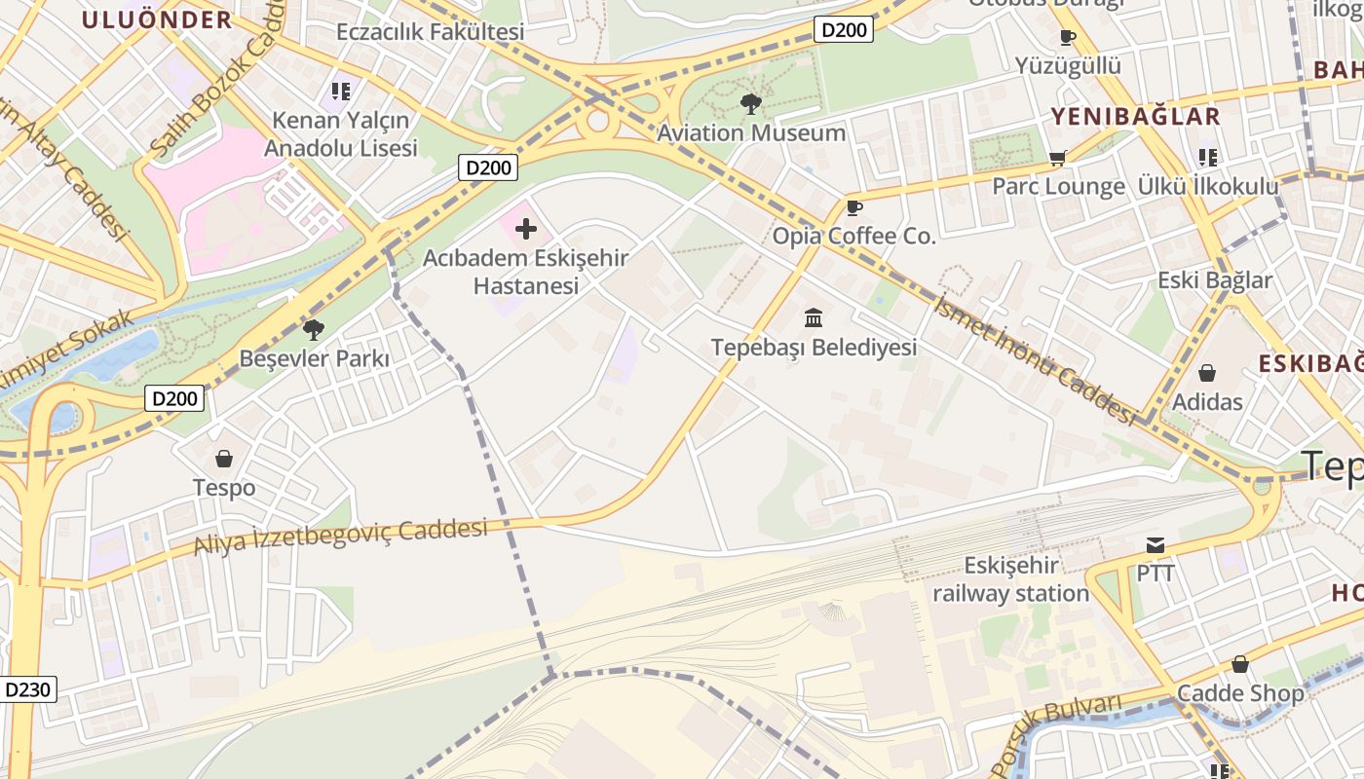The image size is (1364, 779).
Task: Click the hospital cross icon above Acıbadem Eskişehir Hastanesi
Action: point(526,230)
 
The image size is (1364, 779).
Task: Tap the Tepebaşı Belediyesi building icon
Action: point(814,317)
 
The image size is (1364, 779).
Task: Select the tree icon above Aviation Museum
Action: point(750,103)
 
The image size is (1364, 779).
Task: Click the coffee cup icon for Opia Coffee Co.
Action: point(853,207)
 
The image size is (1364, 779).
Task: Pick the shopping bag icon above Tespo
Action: point(224,458)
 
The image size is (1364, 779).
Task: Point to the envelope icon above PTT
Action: point(1156,544)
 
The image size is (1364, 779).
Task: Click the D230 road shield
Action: point(28,689)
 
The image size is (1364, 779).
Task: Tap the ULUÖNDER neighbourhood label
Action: point(157,19)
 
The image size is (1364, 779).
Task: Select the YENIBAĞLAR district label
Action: point(1135,117)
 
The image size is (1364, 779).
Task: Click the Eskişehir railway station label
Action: point(1011,579)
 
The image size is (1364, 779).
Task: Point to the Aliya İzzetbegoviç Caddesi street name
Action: point(340,537)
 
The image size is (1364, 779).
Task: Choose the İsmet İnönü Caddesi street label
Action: point(1035,359)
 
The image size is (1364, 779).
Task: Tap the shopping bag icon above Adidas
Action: point(1207,373)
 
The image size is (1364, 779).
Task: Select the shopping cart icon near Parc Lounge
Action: point(1058,158)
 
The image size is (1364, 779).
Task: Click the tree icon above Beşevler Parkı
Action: point(314,329)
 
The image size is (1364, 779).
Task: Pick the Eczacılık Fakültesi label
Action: point(431,31)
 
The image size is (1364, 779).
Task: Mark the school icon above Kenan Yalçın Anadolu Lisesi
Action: point(340,92)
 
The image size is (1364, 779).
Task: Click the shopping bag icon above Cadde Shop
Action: point(1240,664)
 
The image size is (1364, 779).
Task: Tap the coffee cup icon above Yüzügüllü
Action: point(1068,38)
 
